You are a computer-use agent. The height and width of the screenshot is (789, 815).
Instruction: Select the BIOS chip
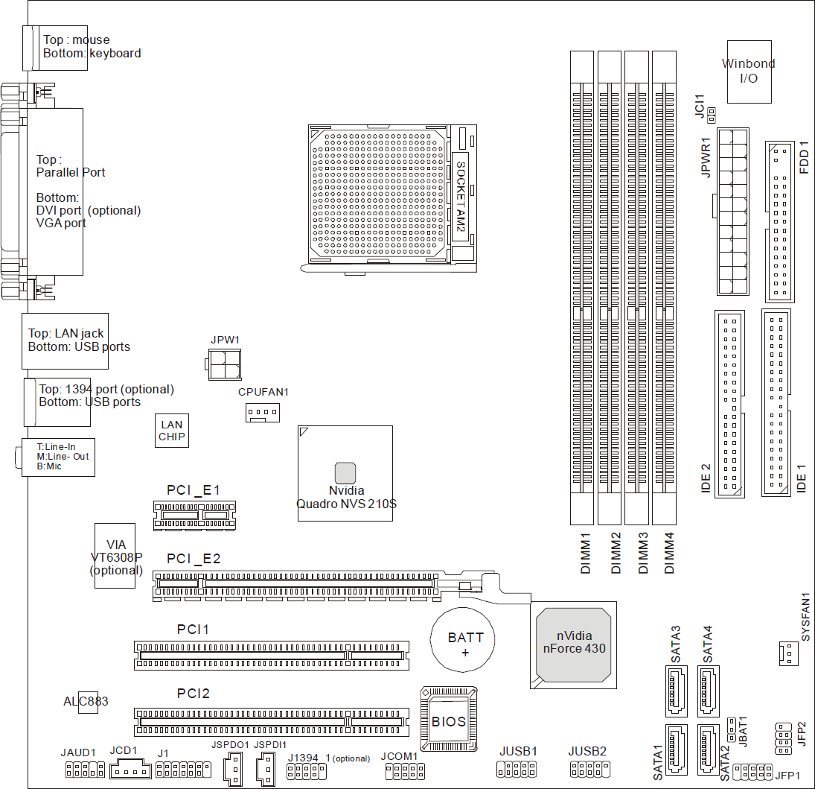449,719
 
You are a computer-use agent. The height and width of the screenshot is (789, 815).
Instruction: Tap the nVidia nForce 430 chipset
573,645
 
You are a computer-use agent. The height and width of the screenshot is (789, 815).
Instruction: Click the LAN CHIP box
171,431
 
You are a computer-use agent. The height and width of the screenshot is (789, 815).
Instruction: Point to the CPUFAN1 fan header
263,413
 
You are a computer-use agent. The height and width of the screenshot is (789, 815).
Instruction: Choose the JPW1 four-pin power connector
224,364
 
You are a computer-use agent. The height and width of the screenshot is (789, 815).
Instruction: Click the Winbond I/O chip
749,72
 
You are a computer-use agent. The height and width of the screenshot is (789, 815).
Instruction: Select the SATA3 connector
677,691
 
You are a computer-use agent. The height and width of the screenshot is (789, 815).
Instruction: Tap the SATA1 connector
677,750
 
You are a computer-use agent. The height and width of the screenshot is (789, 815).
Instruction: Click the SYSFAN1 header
788,653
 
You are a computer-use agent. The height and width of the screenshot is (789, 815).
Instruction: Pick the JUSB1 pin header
516,769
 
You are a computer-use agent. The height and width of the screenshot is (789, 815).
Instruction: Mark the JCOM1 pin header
405,771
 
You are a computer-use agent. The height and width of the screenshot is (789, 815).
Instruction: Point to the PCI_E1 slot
194,516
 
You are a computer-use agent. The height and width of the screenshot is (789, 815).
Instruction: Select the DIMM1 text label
586,554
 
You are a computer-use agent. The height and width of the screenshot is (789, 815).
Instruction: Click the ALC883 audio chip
88,702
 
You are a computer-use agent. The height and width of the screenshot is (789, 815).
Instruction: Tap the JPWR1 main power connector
733,212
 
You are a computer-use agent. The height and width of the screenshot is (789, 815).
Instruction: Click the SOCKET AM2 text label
461,196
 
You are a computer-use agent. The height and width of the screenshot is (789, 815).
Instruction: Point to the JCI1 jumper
712,115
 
